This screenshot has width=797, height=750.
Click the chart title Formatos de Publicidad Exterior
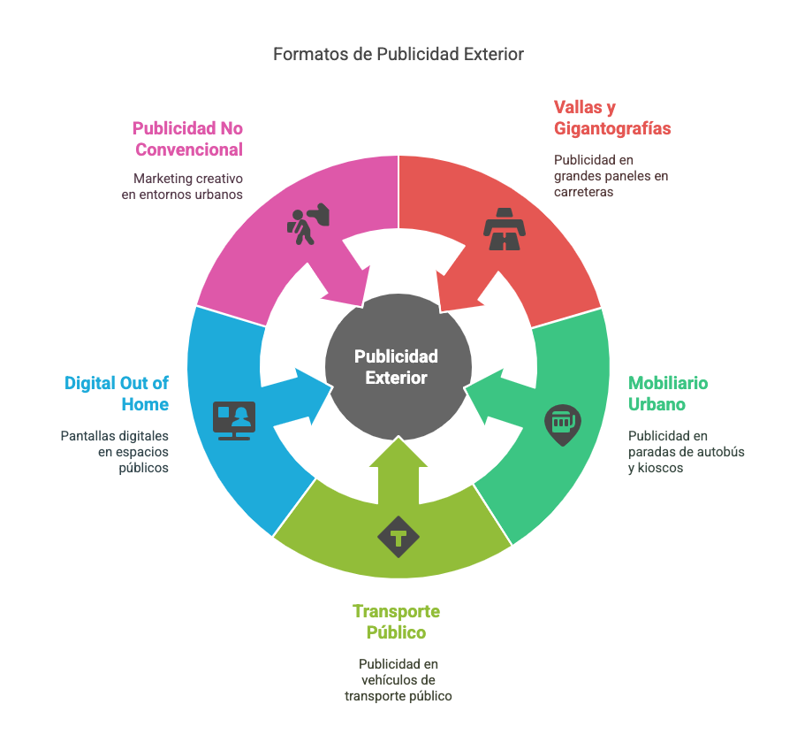click(x=398, y=54)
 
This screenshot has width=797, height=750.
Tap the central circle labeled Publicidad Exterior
click(x=397, y=367)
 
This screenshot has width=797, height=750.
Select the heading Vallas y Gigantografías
click(x=612, y=118)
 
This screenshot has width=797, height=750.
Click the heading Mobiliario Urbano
click(x=668, y=394)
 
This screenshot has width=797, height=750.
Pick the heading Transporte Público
click(x=396, y=622)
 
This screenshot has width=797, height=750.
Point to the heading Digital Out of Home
click(x=116, y=394)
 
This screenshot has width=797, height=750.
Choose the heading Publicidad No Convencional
click(x=188, y=139)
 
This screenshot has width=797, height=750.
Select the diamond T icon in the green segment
click(x=398, y=537)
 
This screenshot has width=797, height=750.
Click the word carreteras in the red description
click(x=583, y=192)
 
